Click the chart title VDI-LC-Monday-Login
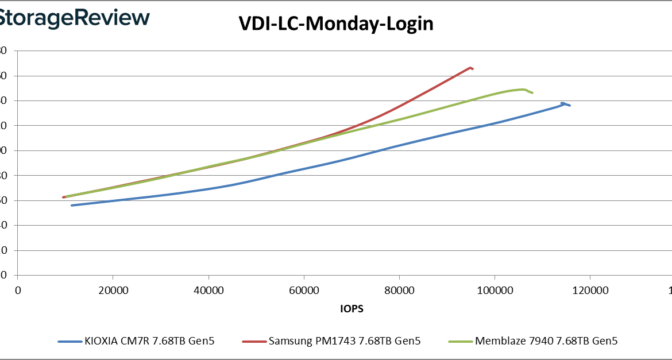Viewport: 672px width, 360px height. (336, 24)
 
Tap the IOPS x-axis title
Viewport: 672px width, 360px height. (352, 309)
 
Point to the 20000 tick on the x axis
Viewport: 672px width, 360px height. (113, 291)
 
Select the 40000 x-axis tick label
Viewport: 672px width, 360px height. (208, 291)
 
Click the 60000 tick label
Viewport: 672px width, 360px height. (304, 291)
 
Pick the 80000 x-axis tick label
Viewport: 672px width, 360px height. (399, 291)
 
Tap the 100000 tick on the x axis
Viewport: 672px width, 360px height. (495, 291)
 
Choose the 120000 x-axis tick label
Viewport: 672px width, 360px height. (590, 291)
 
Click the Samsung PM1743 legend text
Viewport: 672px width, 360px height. (344, 341)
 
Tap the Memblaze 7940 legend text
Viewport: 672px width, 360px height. (546, 341)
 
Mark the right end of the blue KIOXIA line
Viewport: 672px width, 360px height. (569, 106)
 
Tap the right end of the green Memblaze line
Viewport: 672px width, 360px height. (532, 92)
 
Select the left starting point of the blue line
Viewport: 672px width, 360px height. (72, 205)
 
